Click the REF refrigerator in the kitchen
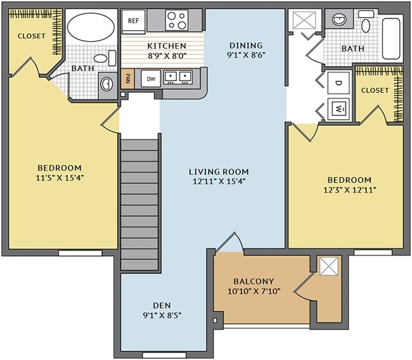(133, 20)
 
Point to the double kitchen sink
(178, 77)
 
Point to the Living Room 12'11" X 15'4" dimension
(219, 181)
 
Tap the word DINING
(245, 45)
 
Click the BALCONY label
(253, 281)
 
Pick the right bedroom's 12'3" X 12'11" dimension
(345, 190)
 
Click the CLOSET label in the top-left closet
(31, 36)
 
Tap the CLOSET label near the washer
(375, 90)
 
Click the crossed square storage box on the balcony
(330, 267)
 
